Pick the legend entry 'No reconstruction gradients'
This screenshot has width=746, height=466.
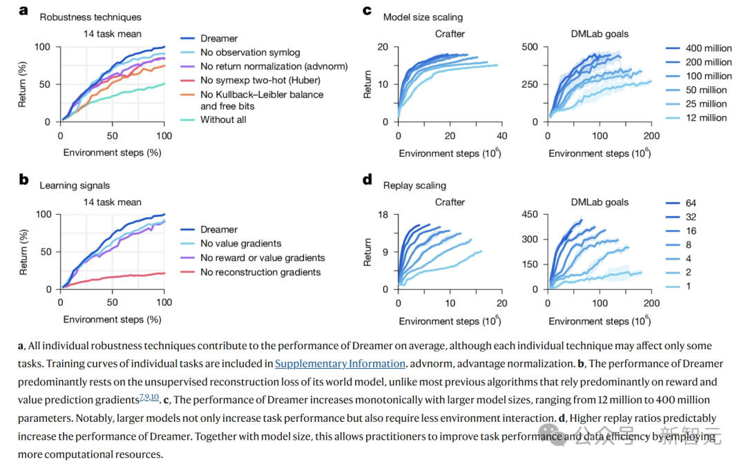tap(260, 272)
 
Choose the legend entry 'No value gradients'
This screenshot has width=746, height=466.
tap(240, 243)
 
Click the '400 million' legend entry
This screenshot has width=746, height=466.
tap(707, 48)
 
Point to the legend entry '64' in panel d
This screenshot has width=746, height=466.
tap(691, 203)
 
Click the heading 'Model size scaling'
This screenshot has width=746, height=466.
tap(423, 17)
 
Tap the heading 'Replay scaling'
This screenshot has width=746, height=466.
tap(414, 185)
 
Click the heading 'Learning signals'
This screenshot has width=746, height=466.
tap(74, 185)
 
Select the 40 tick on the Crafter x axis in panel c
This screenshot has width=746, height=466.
tap(501, 136)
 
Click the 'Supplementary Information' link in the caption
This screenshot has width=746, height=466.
tap(340, 363)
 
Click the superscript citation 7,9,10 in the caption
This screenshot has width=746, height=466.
tap(149, 397)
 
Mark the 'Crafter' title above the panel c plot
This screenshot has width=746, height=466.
tap(450, 33)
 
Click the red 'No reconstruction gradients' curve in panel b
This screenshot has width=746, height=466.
tap(124, 275)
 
